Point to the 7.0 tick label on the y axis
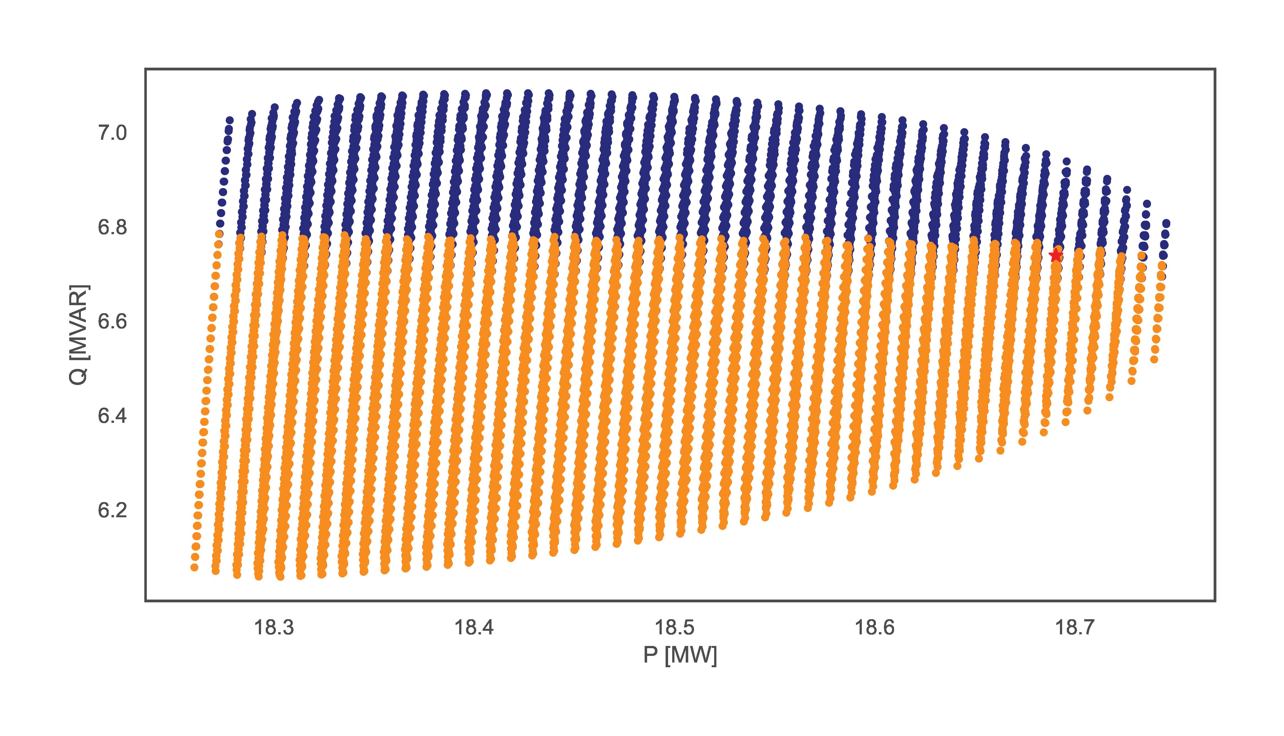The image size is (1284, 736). pyautogui.click(x=112, y=133)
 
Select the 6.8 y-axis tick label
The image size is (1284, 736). pyautogui.click(x=112, y=228)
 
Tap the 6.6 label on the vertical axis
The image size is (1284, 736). pyautogui.click(x=112, y=321)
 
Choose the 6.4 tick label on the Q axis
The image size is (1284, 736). pyautogui.click(x=112, y=416)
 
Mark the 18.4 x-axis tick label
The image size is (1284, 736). pyautogui.click(x=474, y=627)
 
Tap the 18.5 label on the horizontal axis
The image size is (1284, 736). pyautogui.click(x=674, y=627)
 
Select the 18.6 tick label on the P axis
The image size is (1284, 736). pyautogui.click(x=874, y=627)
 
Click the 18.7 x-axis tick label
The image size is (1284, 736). pyautogui.click(x=1074, y=627)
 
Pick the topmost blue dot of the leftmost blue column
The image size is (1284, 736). pyautogui.click(x=230, y=120)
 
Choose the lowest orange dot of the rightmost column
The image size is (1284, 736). pyautogui.click(x=1154, y=359)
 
